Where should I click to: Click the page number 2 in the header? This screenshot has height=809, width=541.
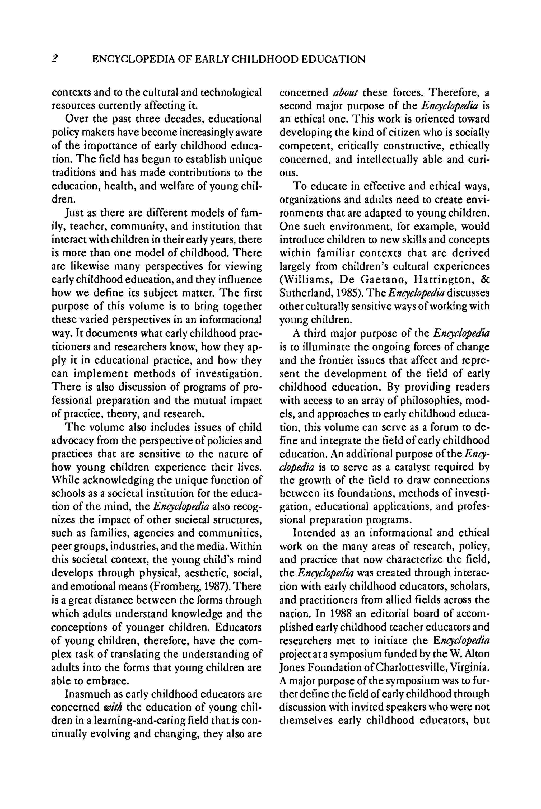(x=54, y=59)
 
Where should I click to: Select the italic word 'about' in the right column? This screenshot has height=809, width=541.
(x=346, y=92)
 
